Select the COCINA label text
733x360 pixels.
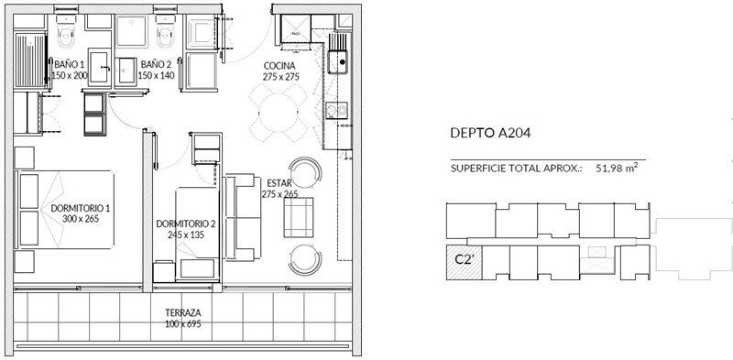click(279, 66)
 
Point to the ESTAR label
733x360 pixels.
click(279, 183)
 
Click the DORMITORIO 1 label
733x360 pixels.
click(81, 208)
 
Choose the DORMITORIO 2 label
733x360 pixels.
click(186, 224)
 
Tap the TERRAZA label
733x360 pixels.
click(182, 312)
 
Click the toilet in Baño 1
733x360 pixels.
click(66, 31)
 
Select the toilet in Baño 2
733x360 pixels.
click(165, 31)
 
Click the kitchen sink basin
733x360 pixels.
click(339, 62)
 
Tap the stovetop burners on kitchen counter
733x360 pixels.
click(337, 110)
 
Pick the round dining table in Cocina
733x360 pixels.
click(279, 113)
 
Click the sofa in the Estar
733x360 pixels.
click(242, 217)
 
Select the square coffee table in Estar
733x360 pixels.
click(299, 217)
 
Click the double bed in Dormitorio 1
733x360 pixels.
click(64, 209)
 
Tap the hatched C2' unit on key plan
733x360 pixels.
click(464, 262)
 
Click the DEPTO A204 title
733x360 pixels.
click(490, 133)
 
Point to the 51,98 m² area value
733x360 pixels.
click(617, 168)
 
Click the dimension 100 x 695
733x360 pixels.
click(182, 323)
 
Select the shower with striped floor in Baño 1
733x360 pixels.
click(30, 60)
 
